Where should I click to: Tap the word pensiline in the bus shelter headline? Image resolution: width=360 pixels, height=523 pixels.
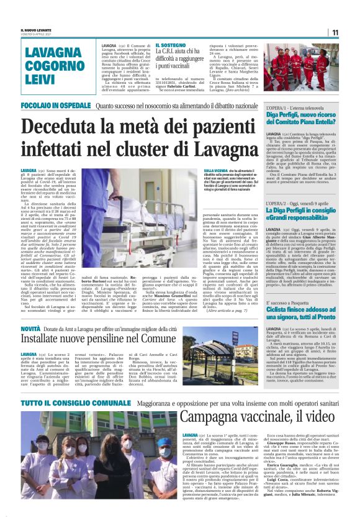click(122, 339)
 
